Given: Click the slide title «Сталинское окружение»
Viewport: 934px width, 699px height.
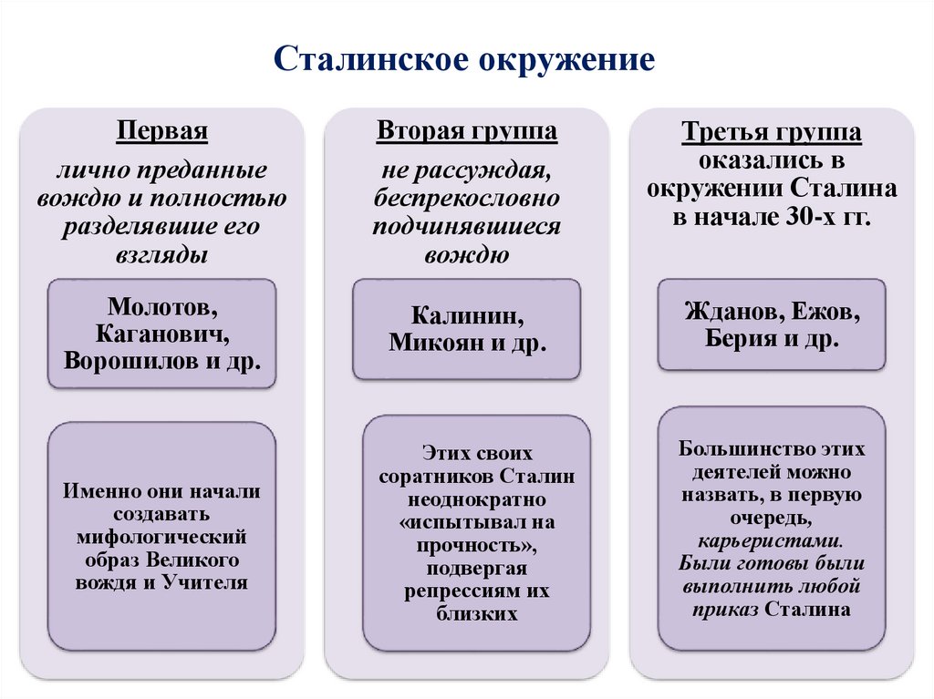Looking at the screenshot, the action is coord(465,59).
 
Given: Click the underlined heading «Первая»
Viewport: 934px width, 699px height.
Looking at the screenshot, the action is coord(162,130).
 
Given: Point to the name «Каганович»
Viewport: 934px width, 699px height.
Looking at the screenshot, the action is coord(161,332).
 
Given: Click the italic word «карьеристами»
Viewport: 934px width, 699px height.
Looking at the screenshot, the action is coord(771,540).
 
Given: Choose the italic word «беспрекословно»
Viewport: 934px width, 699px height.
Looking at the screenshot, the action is coord(467,198).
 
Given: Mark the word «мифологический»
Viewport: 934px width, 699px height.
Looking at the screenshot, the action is coord(162,536).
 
